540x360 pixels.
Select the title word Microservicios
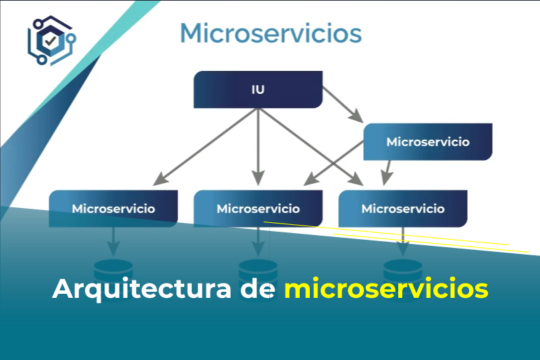click(x=271, y=32)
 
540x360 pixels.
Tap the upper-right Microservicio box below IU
click(x=427, y=142)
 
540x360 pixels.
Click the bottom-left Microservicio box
click(x=113, y=208)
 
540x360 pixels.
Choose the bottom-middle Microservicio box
click(x=258, y=208)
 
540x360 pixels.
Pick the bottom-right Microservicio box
click(x=402, y=208)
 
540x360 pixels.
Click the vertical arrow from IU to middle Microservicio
click(x=258, y=145)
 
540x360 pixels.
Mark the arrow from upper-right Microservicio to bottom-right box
click(x=387, y=172)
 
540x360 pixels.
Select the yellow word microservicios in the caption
click(x=385, y=289)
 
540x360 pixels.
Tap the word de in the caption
click(x=257, y=289)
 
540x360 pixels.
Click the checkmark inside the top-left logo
click(x=51, y=41)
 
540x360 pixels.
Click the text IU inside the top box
click(x=258, y=90)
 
